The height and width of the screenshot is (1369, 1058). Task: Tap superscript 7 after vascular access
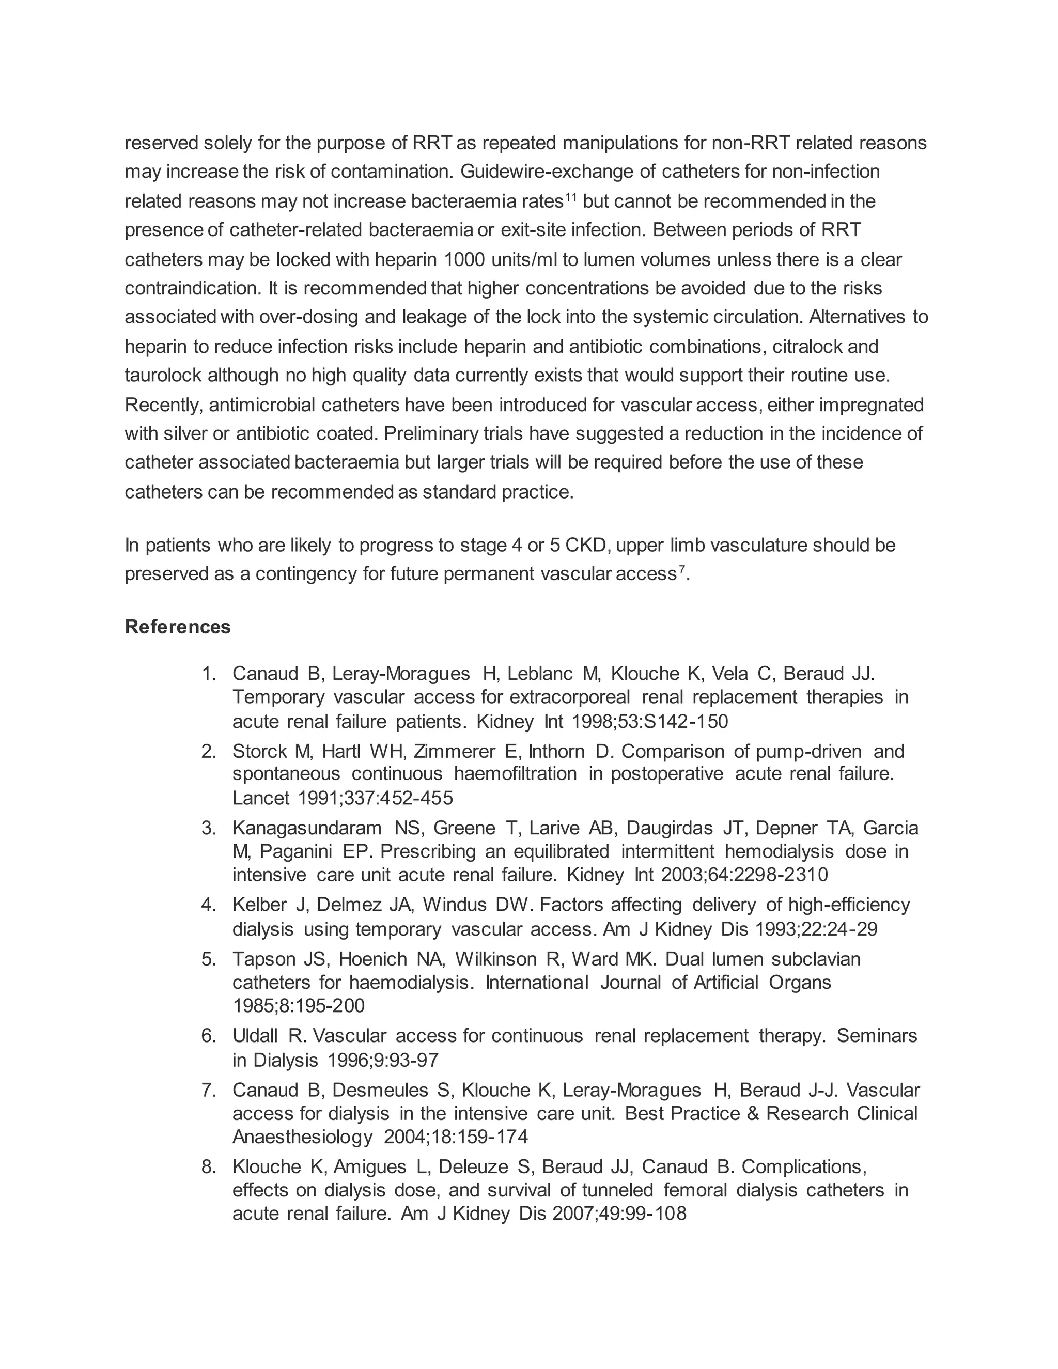tap(682, 570)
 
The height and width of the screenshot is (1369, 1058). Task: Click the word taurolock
tap(163, 376)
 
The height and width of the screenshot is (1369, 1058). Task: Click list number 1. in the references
tap(209, 674)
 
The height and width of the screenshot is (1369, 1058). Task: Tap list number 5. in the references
tap(209, 959)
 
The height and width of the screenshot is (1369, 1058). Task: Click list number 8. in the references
tap(209, 1166)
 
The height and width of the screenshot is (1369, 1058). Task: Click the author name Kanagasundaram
tap(306, 828)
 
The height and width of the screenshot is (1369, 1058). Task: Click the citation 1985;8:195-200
tap(299, 1005)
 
